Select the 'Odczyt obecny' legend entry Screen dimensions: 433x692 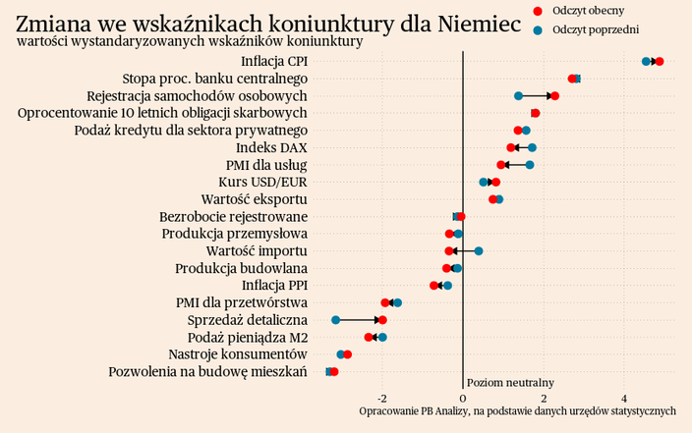586,10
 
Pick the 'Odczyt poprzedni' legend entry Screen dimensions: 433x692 595,29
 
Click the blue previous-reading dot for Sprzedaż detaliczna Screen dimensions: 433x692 335,320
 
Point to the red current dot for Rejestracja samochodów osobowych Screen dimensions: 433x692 554,96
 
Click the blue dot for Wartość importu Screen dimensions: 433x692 479,251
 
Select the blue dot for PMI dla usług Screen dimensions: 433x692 530,165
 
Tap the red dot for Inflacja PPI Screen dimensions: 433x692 434,286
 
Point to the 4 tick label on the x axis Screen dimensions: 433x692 624,398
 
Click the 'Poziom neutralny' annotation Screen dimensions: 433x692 510,382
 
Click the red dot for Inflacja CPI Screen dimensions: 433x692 659,62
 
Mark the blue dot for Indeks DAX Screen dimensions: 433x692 532,148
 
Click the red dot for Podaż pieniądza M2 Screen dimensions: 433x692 370,338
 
